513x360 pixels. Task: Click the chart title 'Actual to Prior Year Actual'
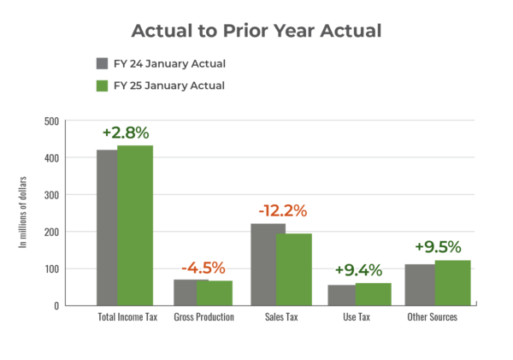[256, 31]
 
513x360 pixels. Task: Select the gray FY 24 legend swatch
[102, 63]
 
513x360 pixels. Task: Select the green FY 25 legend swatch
[102, 86]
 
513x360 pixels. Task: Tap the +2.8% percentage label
[126, 133]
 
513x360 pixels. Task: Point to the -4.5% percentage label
[203, 268]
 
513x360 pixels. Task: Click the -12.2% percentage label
[282, 210]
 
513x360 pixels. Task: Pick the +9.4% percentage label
[358, 270]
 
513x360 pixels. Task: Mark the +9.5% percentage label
[438, 246]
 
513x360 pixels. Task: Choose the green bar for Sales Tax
[294, 269]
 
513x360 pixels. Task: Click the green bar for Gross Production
[215, 292]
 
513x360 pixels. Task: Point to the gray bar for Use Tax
[340, 294]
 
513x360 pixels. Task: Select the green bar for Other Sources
[453, 281]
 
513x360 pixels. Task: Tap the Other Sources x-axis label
[432, 317]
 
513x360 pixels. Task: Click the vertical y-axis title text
[23, 212]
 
